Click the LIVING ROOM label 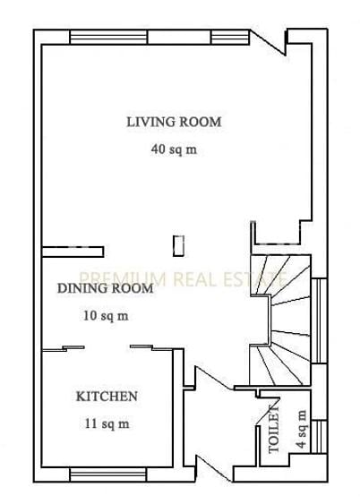tap(173, 122)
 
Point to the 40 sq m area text tap(173, 149)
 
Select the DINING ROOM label tap(105, 288)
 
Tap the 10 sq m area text tap(106, 315)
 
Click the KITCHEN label tap(106, 396)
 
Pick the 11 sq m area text tap(107, 423)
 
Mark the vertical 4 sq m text tap(301, 428)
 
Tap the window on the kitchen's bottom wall tap(102, 472)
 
